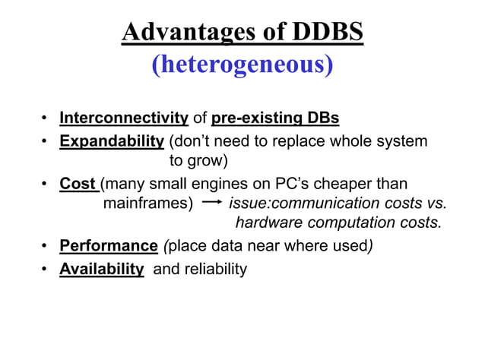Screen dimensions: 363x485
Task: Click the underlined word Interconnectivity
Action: (124, 118)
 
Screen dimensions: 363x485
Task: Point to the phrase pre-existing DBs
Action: (275, 118)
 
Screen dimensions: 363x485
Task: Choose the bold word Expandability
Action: (113, 141)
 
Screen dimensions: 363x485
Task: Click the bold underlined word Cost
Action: (78, 184)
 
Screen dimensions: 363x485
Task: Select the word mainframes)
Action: (147, 204)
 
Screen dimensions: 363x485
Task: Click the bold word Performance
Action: (108, 246)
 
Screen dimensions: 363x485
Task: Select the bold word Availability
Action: (102, 269)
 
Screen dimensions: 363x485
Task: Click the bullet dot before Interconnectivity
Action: (46, 119)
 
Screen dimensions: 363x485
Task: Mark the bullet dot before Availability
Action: (46, 270)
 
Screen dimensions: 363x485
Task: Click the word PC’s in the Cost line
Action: (303, 184)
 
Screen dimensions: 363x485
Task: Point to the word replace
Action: (298, 141)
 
